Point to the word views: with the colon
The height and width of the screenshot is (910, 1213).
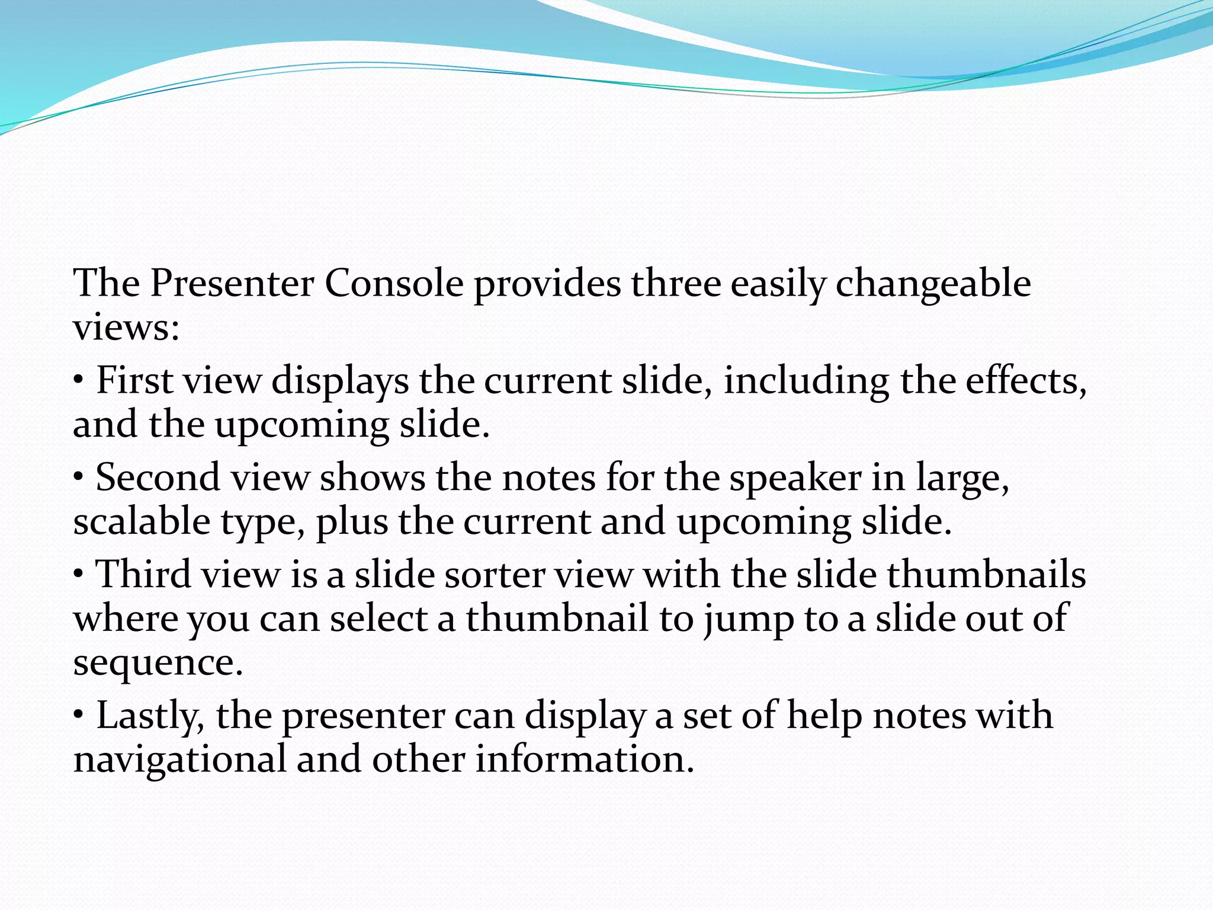point(126,328)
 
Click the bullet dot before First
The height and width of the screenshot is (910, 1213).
point(79,380)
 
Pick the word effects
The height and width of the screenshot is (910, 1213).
point(1026,380)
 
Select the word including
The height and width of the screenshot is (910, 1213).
point(806,382)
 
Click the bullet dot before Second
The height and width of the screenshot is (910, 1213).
point(79,477)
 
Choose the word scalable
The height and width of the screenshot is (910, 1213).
point(142,521)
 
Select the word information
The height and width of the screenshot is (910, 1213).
point(585,760)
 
